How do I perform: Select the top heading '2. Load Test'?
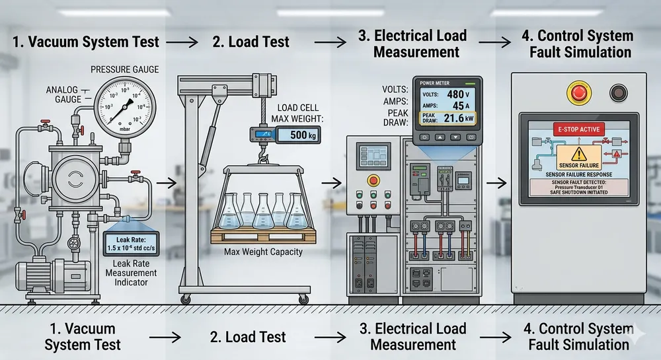click(x=251, y=42)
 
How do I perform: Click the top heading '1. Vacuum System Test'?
click(x=85, y=42)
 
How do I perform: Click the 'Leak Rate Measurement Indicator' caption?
click(x=130, y=273)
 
